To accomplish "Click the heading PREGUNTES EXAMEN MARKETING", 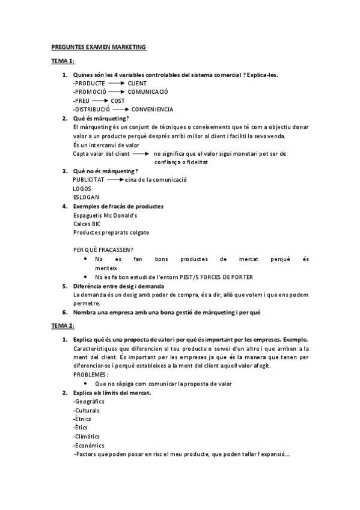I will pyautogui.click(x=99, y=46).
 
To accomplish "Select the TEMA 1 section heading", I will pyautogui.click(x=62, y=62).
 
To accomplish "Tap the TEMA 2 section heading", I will pyautogui.click(x=62, y=325).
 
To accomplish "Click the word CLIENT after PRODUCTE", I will pyautogui.click(x=138, y=83).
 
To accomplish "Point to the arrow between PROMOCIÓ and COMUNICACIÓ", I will pyautogui.click(x=117, y=92).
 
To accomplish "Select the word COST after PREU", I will pyautogui.click(x=118, y=101).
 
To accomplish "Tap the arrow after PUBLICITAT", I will pyautogui.click(x=115, y=180).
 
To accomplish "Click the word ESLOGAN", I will pyautogui.click(x=86, y=197).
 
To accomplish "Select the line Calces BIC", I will pyautogui.click(x=87, y=224).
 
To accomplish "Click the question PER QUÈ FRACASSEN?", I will pyautogui.click(x=103, y=250).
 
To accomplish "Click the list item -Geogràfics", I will pyautogui.click(x=89, y=402).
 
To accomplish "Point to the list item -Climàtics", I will pyautogui.click(x=87, y=436).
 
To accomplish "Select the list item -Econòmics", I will pyautogui.click(x=88, y=445).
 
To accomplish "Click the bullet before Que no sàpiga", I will pyautogui.click(x=88, y=384).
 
